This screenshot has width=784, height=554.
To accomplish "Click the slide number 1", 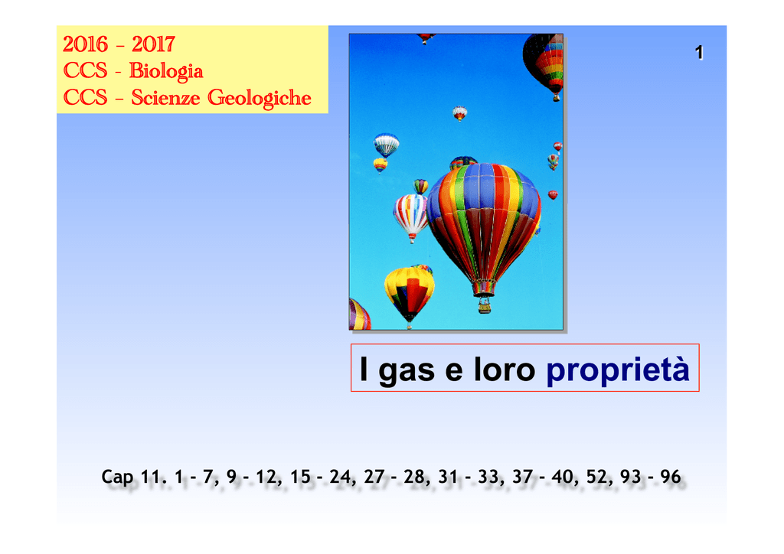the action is pyautogui.click(x=699, y=53).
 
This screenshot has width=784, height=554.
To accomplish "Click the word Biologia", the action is pyautogui.click(x=166, y=71).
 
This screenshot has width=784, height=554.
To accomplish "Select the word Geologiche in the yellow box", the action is pyautogui.click(x=259, y=98).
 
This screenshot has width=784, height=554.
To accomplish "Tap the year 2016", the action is pyautogui.click(x=85, y=44).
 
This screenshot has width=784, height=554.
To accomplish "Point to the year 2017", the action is pyautogui.click(x=153, y=44).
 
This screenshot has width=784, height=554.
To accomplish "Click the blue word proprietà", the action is pyautogui.click(x=618, y=370).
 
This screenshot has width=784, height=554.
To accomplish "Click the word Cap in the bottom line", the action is pyautogui.click(x=117, y=477).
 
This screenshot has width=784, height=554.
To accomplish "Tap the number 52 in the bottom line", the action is pyautogui.click(x=596, y=477).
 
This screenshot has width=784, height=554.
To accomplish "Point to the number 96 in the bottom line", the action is pyautogui.click(x=671, y=477).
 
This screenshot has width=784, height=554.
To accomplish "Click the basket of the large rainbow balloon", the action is pyautogui.click(x=484, y=306).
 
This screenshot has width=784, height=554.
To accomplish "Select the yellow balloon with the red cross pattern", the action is pyautogui.click(x=409, y=295).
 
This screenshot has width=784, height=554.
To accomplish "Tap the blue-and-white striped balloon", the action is pyautogui.click(x=387, y=145).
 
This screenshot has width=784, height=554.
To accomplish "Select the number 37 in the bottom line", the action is pyautogui.click(x=522, y=477).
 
